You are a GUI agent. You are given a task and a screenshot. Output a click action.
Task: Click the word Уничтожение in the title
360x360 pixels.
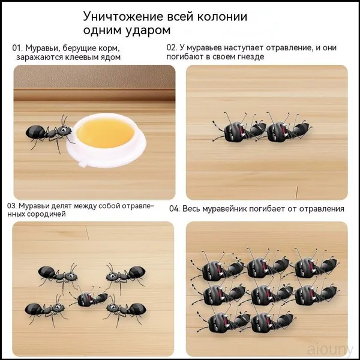tap(124, 17)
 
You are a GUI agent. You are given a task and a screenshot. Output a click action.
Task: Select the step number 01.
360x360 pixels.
tap(17, 48)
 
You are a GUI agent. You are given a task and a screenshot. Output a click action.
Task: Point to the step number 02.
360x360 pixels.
tap(172, 48)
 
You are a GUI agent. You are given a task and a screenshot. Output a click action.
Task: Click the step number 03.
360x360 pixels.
tap(12, 206)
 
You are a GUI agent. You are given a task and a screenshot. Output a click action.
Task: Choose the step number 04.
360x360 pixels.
tap(174, 209)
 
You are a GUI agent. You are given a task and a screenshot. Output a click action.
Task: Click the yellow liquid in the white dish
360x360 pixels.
tap(106, 133)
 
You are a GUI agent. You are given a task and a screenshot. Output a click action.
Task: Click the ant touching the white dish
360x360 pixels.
tap(50, 133)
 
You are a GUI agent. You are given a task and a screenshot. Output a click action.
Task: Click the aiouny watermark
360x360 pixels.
tap(330, 350)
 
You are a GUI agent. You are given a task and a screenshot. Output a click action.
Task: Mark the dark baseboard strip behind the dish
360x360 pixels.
tap(94, 95)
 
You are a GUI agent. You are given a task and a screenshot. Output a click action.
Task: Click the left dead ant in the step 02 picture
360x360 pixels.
tap(239, 130)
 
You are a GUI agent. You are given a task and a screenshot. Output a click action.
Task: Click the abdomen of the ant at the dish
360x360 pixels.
tap(35, 131)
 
